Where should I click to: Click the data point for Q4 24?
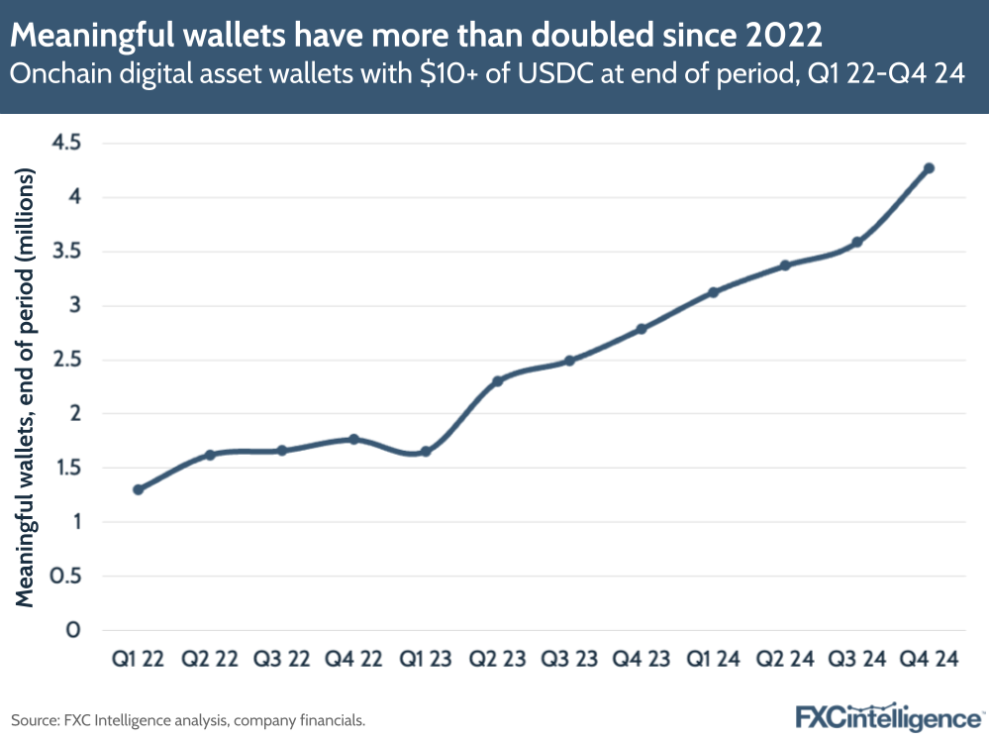tap(929, 168)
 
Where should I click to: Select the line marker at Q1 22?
tap(139, 489)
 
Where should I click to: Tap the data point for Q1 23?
tap(426, 452)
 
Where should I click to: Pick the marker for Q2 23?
tap(498, 380)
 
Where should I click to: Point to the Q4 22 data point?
tap(354, 439)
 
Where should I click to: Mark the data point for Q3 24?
tap(857, 242)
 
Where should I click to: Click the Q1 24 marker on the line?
tap(713, 292)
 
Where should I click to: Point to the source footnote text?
tap(188, 720)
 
